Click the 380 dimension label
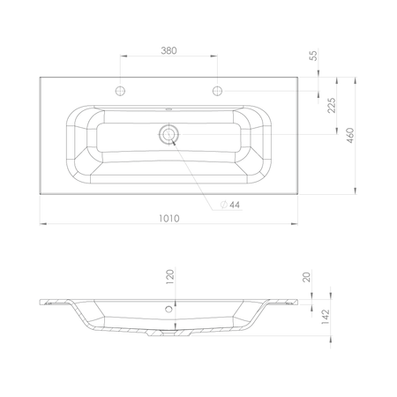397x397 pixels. coord(169,50)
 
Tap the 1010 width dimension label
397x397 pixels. coord(169,219)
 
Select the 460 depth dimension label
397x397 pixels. coord(350,136)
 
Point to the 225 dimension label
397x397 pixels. coord(332,105)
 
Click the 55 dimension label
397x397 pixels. coord(314,56)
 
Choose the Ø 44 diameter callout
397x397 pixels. coord(230,205)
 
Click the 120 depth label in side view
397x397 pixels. coord(170,277)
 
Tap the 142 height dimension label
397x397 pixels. coord(326,317)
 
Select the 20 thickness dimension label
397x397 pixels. coord(307,277)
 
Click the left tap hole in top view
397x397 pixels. coord(120,91)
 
